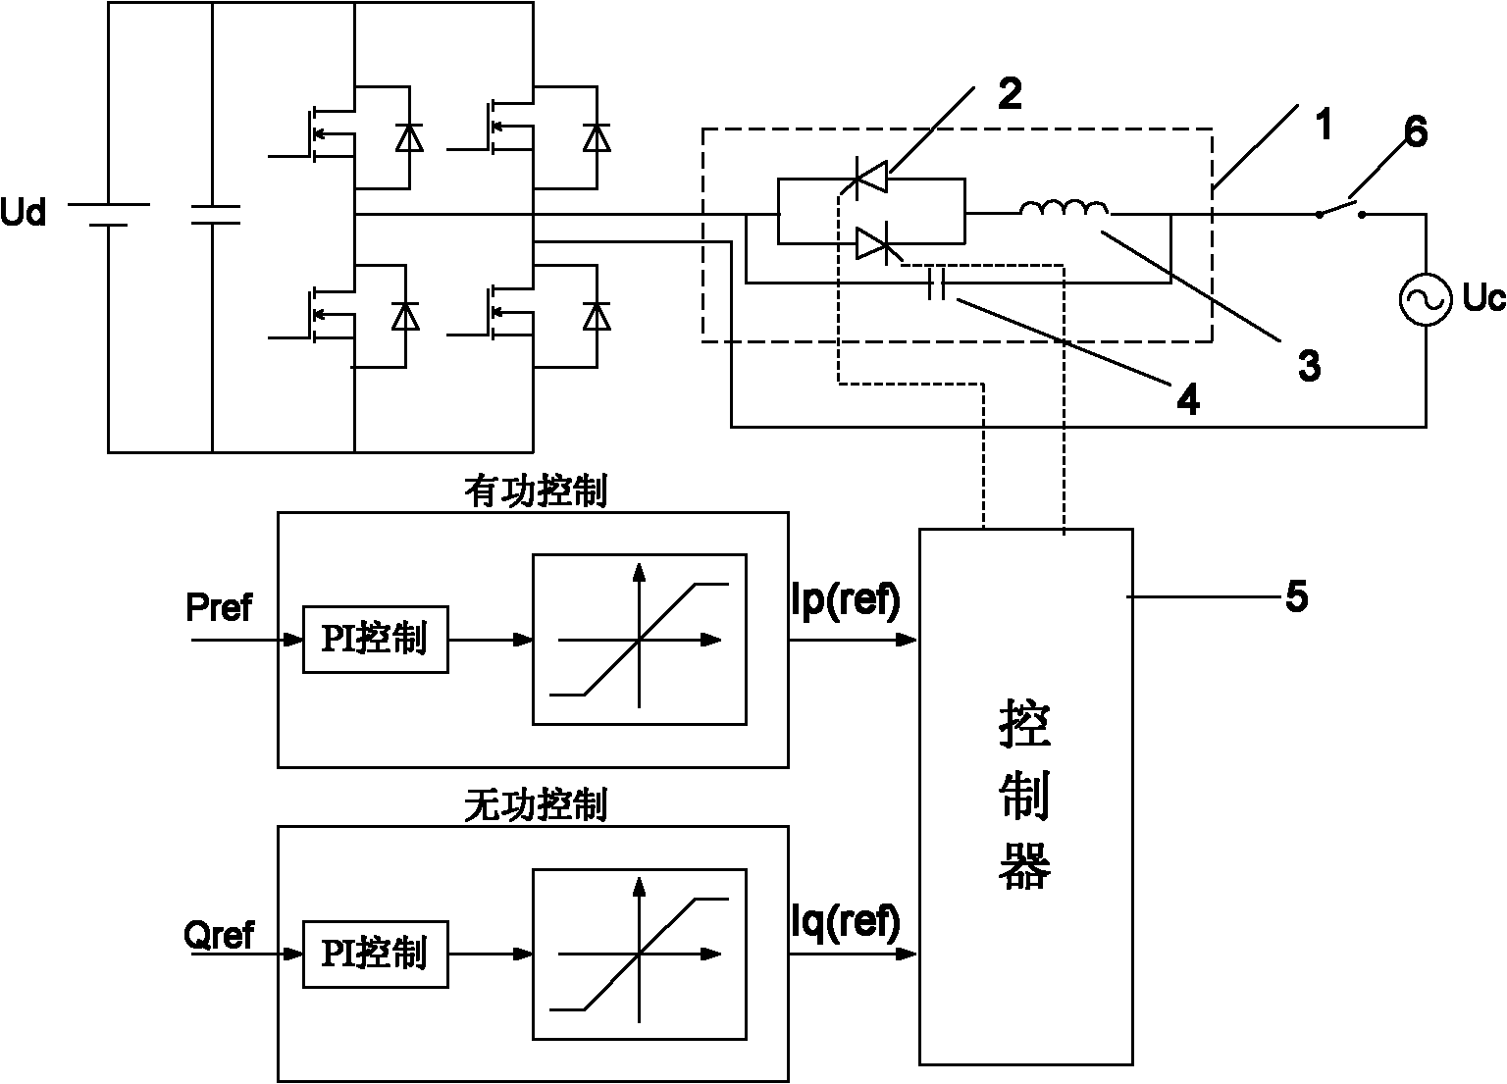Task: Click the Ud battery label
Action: (24, 212)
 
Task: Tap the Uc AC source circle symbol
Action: (1425, 298)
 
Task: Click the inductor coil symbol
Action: (1065, 209)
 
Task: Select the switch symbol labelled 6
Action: (1340, 210)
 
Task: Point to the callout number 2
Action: (1009, 94)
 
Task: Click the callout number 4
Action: (1188, 399)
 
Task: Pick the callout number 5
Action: (1296, 596)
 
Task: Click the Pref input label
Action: (219, 608)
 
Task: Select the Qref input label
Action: (219, 935)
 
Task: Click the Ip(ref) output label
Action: (845, 600)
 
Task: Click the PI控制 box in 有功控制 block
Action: (375, 640)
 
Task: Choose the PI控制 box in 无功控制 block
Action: (375, 953)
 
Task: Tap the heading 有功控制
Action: (536, 492)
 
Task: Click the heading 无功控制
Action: (536, 806)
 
